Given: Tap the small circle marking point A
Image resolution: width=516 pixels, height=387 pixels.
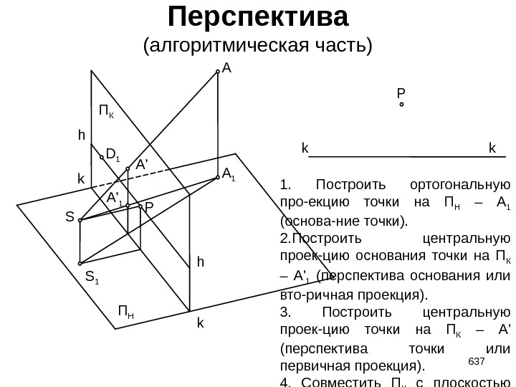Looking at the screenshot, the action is [218, 72].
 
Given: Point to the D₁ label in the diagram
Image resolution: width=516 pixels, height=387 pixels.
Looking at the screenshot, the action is [113, 152].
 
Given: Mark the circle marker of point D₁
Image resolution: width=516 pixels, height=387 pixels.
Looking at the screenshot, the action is [102, 156].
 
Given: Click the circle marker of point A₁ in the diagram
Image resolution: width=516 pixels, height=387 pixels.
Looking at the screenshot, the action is [217, 178].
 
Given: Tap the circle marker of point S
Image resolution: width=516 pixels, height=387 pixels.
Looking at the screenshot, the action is [80, 220].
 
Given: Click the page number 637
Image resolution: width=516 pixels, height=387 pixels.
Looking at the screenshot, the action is [477, 360].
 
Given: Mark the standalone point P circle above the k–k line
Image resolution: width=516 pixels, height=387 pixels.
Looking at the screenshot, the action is [401, 105].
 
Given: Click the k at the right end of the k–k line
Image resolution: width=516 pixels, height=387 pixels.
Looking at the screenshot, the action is [492, 148].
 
